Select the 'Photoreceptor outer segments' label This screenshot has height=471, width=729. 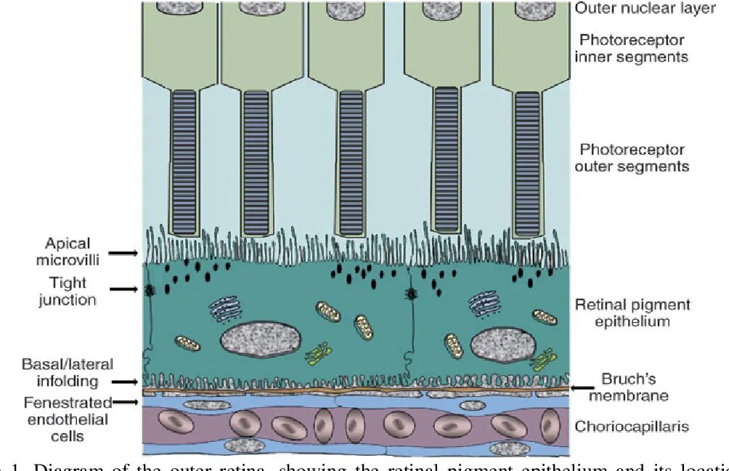[631, 158]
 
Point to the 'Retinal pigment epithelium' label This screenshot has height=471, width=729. [631, 312]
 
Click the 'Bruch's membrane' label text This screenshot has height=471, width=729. [628, 387]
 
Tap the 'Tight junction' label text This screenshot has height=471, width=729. [68, 290]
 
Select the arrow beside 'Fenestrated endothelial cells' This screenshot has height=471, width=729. [126, 401]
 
